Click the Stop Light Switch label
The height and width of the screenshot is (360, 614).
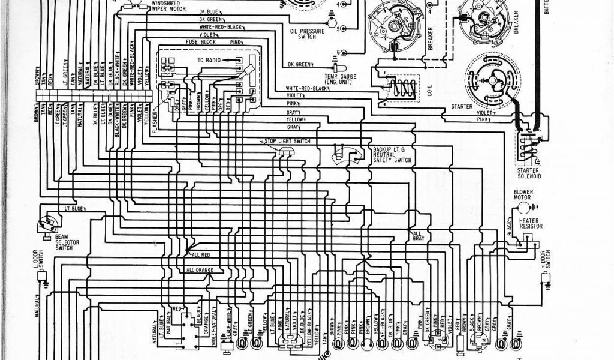tap(287, 140)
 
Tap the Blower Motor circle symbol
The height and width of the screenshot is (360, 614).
tap(524, 207)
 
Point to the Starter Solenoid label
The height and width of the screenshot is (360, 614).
tap(529, 173)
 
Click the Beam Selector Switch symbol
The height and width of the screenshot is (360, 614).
tap(46, 223)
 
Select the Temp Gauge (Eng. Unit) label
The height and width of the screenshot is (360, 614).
tap(340, 80)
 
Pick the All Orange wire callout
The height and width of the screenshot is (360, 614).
tap(200, 270)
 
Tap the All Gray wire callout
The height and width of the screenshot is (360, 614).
tap(418, 235)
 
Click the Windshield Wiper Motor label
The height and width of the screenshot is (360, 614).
tap(162, 8)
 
